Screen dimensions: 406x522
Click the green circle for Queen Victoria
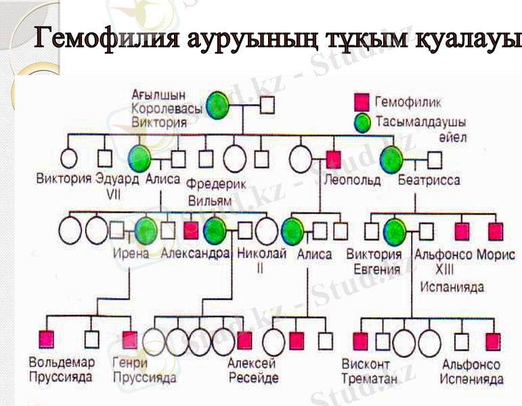tap(218, 104)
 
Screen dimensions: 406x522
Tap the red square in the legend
tap(362, 103)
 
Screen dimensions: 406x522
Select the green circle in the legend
tap(362, 122)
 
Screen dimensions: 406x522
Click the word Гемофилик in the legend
tap(406, 103)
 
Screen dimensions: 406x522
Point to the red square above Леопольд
tap(332, 159)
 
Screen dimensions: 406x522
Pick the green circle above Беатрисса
tap(391, 159)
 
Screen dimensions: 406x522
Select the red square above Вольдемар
tap(46, 338)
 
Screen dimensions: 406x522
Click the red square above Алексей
tap(244, 339)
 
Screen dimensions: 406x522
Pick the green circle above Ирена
tap(146, 230)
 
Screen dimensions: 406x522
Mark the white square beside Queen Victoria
tap(267, 105)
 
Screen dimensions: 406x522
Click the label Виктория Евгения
tap(374, 262)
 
